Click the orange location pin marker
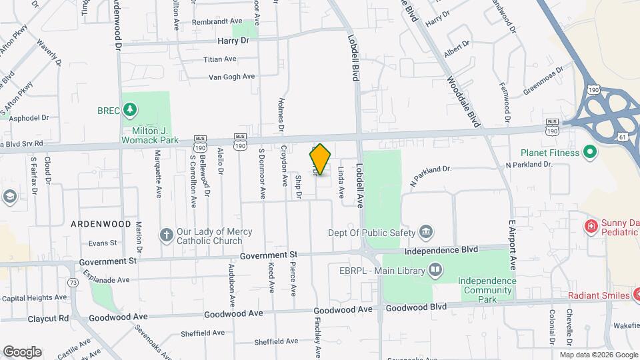(x=320, y=159)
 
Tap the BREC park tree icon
(x=131, y=109)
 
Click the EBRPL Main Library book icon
(x=435, y=270)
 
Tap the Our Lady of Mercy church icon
(x=166, y=234)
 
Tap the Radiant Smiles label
(x=599, y=295)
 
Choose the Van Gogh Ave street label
(x=232, y=77)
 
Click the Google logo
(x=21, y=351)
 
